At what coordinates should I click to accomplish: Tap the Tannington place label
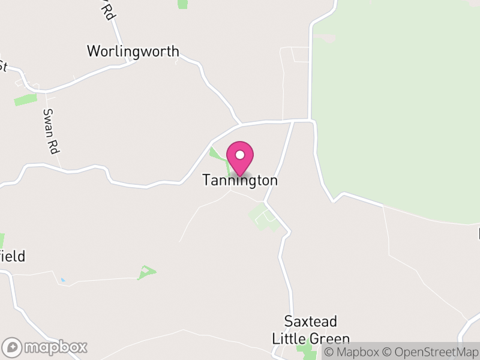(x=240, y=180)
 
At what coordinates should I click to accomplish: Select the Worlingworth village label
(x=133, y=51)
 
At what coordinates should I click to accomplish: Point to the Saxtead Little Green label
(x=311, y=329)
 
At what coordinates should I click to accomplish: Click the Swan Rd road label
(x=50, y=131)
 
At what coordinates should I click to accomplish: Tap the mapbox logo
(x=46, y=347)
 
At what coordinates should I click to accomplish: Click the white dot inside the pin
(x=240, y=154)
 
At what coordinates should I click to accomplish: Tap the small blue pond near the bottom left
(x=62, y=280)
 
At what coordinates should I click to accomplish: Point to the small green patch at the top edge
(x=183, y=4)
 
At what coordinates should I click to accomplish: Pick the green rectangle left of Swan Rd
(x=25, y=100)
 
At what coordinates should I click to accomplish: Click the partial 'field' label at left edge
(x=13, y=257)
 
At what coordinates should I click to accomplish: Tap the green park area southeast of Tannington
(x=263, y=216)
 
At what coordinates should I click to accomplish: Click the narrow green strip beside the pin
(x=217, y=154)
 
